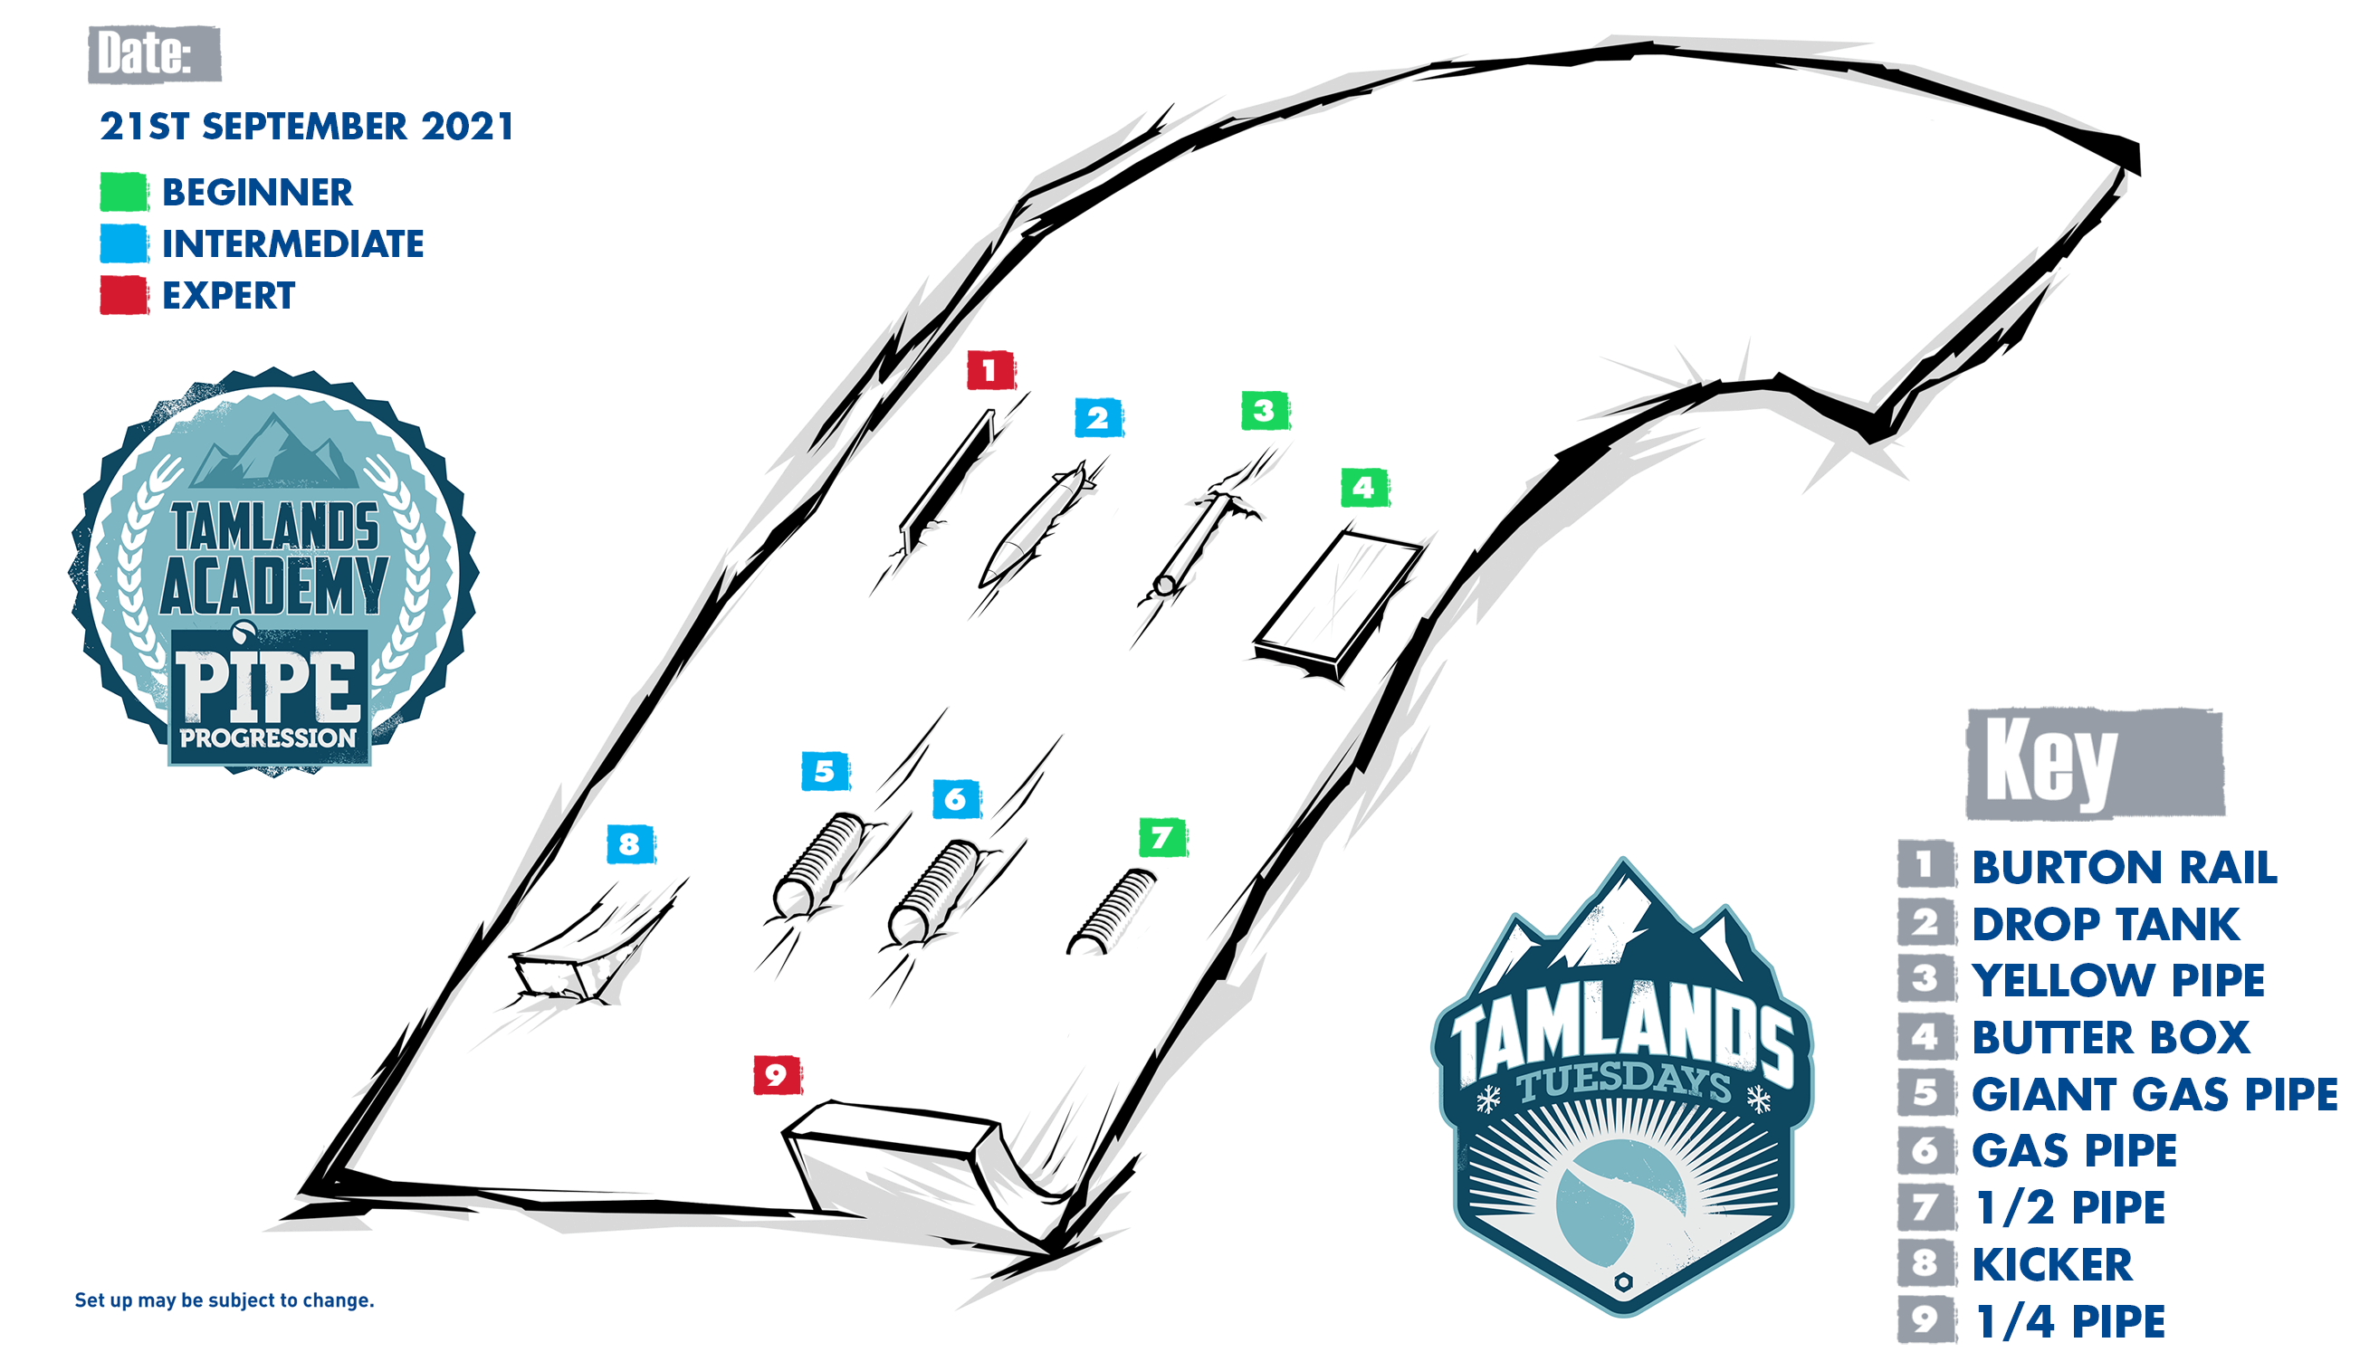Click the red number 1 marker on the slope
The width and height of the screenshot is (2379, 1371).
click(x=990, y=370)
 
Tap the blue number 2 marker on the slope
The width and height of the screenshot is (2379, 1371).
click(x=1098, y=417)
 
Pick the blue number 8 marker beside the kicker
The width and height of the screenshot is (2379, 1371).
click(x=631, y=843)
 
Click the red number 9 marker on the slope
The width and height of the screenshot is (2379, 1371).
click(x=777, y=1074)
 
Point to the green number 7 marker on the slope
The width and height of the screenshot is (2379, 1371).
click(x=1163, y=837)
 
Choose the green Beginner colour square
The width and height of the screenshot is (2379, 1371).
click(x=124, y=192)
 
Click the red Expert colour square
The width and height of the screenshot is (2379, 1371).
click(x=124, y=295)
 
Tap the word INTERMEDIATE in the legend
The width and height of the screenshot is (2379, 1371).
click(x=293, y=243)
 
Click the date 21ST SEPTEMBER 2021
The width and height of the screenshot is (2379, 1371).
click(x=307, y=126)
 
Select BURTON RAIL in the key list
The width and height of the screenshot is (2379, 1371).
click(x=2124, y=867)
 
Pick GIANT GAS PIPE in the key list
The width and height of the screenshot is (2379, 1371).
click(x=2154, y=1094)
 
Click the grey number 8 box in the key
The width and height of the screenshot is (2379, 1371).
click(x=1925, y=1263)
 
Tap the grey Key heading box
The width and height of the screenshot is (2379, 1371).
click(x=2096, y=764)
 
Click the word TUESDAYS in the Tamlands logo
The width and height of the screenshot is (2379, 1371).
click(x=1623, y=1083)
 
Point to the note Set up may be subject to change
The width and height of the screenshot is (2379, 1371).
click(x=225, y=1300)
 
